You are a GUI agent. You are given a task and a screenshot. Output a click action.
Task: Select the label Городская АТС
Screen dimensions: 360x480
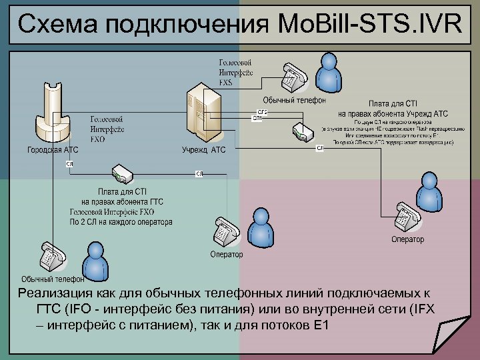click(x=53, y=150)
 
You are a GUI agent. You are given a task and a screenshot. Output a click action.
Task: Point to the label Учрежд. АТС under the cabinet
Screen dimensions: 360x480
click(x=204, y=150)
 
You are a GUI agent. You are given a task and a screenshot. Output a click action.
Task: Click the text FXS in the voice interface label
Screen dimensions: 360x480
click(x=226, y=83)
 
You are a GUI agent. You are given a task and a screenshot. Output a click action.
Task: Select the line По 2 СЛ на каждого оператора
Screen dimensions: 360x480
click(x=121, y=222)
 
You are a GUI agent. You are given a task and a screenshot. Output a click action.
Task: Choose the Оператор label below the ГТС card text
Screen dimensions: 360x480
click(x=226, y=254)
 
